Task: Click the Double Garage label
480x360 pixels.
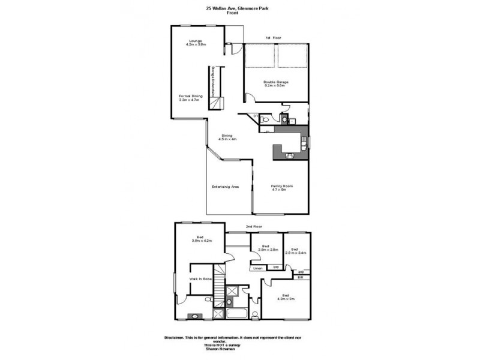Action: click(x=275, y=84)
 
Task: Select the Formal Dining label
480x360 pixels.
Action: click(x=191, y=98)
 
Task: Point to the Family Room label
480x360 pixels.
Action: click(x=281, y=188)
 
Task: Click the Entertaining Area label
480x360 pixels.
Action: click(x=226, y=187)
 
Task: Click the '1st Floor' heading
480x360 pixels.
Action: click(x=274, y=38)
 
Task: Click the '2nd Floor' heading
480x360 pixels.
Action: click(x=254, y=227)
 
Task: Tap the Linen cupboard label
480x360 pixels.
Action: click(x=257, y=268)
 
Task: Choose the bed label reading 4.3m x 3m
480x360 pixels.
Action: click(x=287, y=297)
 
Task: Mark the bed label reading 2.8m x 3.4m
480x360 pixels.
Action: click(x=295, y=251)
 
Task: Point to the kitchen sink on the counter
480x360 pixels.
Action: click(x=289, y=155)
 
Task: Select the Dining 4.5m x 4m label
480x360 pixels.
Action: click(x=228, y=137)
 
